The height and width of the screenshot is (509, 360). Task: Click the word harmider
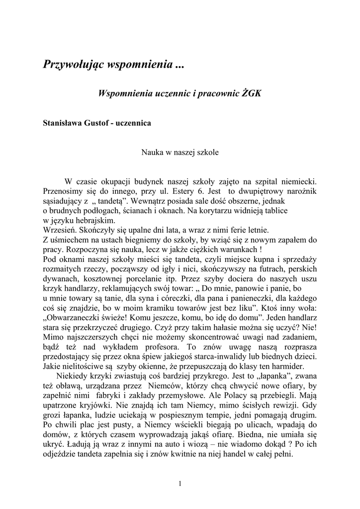(x=287, y=366)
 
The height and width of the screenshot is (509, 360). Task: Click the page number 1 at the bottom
(x=180, y=484)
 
